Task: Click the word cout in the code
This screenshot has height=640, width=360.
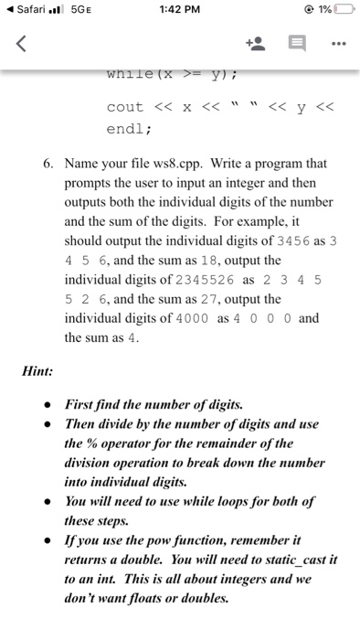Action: click(x=125, y=107)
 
